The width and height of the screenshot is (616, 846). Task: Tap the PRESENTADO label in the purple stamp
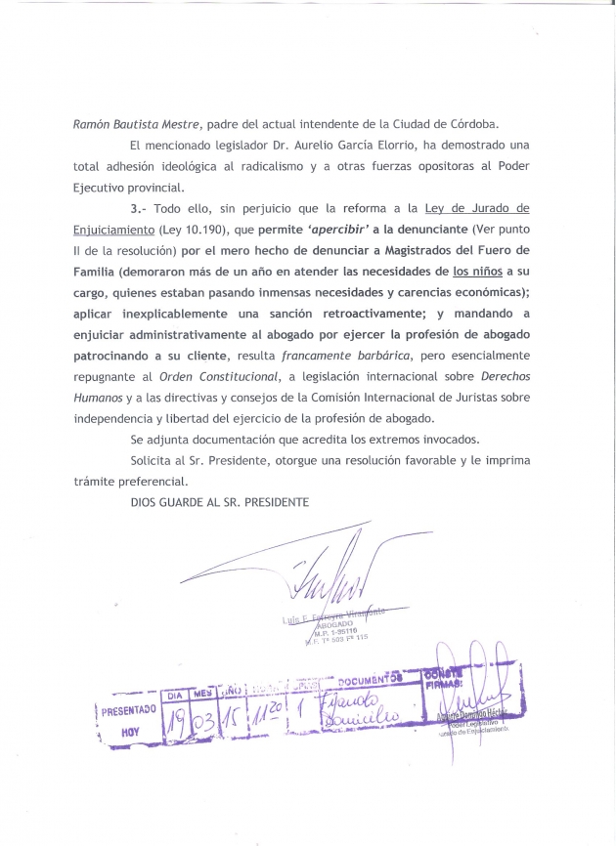(x=128, y=711)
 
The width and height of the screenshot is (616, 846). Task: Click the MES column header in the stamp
(x=203, y=692)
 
